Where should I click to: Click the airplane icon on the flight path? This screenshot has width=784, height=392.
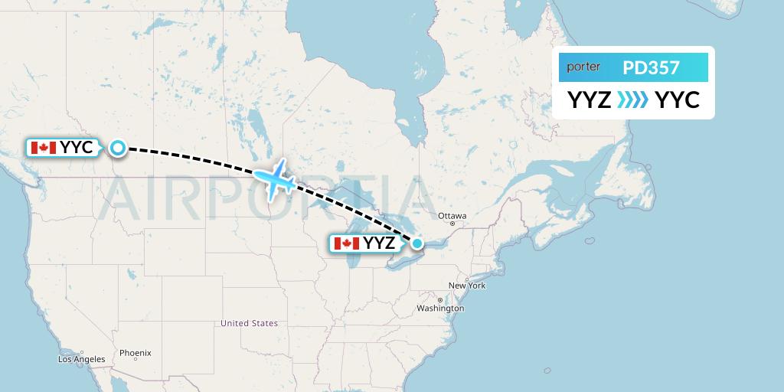coord(275,179)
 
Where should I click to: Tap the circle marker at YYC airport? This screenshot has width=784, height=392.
coord(118,148)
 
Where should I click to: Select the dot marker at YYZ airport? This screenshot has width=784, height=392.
coord(418,243)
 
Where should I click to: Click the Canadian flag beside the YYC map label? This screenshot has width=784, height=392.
coord(43,148)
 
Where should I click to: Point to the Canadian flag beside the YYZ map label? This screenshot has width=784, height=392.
coord(347,243)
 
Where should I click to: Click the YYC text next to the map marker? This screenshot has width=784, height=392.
coord(77,148)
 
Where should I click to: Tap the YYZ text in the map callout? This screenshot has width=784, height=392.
coord(380,243)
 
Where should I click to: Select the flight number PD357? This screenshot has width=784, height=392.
coord(651,67)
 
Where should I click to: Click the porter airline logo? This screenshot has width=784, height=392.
coord(583,67)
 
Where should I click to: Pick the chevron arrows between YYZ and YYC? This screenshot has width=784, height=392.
coord(632,100)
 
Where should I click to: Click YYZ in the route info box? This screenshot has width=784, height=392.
coord(589,100)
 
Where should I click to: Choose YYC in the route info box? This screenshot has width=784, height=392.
coord(678,100)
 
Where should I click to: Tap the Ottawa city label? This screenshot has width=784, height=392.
coord(452,215)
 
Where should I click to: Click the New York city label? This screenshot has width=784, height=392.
coord(467,286)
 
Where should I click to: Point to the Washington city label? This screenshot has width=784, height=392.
coord(440,309)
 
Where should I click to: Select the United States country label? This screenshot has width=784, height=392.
coord(249,323)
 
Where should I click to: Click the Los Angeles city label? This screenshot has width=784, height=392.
coord(81,359)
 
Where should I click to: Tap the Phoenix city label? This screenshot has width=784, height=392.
coord(135,353)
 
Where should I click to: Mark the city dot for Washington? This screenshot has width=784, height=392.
coord(439,299)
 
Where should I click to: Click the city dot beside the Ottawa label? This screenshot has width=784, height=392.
coord(452,224)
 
